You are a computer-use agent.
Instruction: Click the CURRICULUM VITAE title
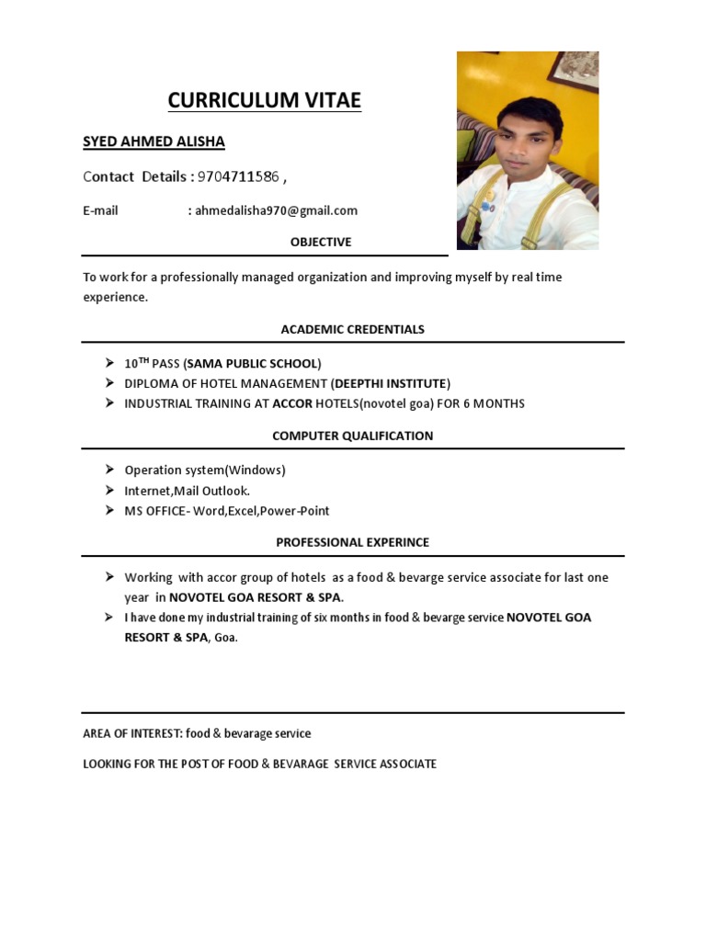264,100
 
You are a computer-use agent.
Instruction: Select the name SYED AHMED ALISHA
154,142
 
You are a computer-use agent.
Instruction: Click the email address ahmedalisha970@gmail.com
276,210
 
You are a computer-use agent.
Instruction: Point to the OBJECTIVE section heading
321,242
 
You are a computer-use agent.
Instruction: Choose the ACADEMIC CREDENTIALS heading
353,329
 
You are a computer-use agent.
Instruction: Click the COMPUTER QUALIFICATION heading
353,436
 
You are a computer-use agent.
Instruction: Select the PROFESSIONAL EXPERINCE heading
353,542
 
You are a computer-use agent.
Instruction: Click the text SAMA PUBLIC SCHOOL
253,363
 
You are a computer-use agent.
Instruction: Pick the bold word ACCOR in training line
292,403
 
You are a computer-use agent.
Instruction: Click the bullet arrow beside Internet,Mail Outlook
109,490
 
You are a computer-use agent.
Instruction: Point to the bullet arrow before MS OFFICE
109,510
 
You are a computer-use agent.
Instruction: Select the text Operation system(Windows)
205,470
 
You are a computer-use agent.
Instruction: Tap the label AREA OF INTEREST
132,733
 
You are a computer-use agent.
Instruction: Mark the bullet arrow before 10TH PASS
109,362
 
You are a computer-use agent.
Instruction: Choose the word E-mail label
100,210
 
